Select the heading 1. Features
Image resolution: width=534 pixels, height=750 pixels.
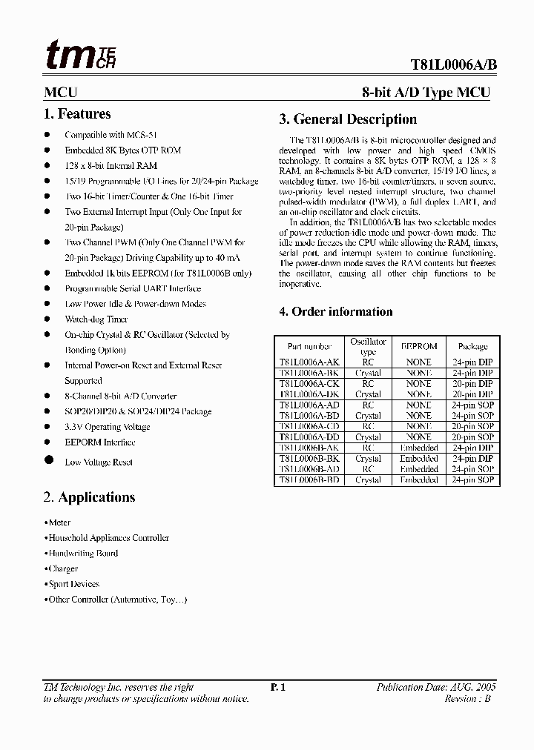(78, 114)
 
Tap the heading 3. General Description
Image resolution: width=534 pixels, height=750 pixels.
(348, 119)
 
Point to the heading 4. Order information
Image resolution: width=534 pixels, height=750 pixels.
(336, 312)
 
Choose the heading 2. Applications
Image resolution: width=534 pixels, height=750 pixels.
(90, 497)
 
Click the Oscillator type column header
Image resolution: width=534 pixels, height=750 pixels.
(368, 347)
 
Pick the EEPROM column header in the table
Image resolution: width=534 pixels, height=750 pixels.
(418, 346)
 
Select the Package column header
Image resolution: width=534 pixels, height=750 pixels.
(472, 346)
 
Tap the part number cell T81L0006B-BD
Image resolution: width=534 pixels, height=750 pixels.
(309, 480)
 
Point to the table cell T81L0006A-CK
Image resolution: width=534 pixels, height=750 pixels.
(309, 384)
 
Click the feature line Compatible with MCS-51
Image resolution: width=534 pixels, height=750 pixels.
(105, 135)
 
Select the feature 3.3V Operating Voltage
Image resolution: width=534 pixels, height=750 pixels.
(107, 427)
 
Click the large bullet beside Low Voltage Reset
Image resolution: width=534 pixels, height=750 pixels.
(49, 460)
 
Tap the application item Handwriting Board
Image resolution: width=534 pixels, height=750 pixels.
(82, 554)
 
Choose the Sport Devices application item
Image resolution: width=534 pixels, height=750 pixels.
(73, 584)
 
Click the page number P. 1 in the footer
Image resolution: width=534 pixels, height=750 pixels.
(278, 688)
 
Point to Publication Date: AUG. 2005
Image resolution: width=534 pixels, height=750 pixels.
(436, 688)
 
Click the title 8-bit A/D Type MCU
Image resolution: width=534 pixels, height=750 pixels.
(426, 93)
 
